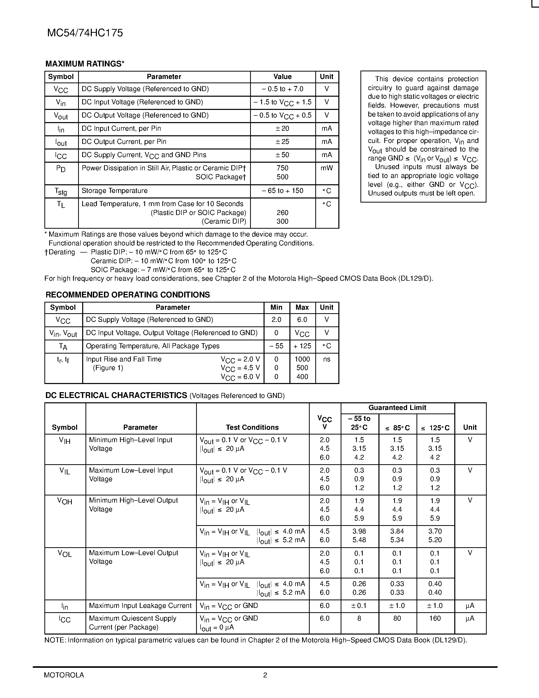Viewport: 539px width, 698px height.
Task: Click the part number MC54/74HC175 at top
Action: [85, 33]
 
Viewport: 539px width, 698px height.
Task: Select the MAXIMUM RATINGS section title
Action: [85, 64]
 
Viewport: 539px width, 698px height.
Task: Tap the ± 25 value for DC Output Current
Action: [282, 142]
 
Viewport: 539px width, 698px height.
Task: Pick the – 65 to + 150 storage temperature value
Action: [282, 191]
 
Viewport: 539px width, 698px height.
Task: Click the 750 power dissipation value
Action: [282, 168]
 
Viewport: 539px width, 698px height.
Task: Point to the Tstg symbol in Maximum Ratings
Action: [61, 191]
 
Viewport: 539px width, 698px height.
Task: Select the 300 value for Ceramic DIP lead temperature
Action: [282, 222]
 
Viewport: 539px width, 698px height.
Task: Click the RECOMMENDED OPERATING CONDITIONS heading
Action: [128, 295]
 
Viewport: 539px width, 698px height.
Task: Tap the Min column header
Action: [276, 307]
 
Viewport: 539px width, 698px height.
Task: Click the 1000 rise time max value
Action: [302, 359]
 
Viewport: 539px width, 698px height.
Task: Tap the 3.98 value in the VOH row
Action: [359, 531]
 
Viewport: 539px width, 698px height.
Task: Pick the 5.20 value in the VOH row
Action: [435, 540]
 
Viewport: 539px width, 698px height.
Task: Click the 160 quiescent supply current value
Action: [435, 618]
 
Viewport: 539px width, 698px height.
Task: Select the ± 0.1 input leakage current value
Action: [359, 606]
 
